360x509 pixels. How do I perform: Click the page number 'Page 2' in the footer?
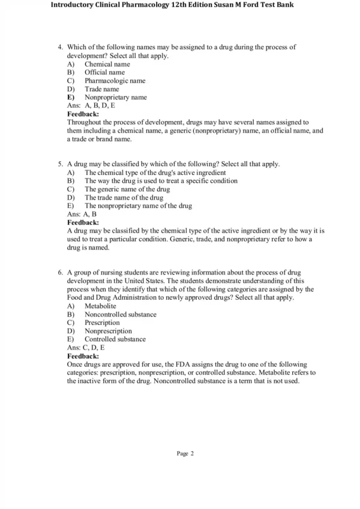click(x=185, y=453)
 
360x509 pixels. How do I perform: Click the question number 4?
click(x=61, y=47)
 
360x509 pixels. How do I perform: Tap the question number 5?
click(x=61, y=164)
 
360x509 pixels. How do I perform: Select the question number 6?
click(x=61, y=272)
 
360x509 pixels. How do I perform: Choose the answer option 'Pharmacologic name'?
click(x=115, y=80)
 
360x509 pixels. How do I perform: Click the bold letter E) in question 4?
click(x=71, y=97)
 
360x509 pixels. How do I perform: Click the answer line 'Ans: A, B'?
click(x=82, y=214)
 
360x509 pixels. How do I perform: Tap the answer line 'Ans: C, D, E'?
click(x=86, y=348)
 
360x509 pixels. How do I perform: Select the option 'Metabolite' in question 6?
click(x=100, y=306)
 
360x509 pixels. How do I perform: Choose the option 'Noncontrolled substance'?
click(x=120, y=314)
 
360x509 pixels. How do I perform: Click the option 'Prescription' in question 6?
click(x=102, y=323)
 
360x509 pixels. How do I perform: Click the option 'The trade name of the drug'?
click(x=124, y=197)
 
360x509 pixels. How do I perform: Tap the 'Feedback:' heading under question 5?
click(x=83, y=222)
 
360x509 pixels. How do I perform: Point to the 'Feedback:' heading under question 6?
click(x=83, y=356)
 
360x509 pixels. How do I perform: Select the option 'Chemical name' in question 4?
click(x=107, y=64)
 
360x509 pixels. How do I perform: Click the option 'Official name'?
click(x=104, y=72)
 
